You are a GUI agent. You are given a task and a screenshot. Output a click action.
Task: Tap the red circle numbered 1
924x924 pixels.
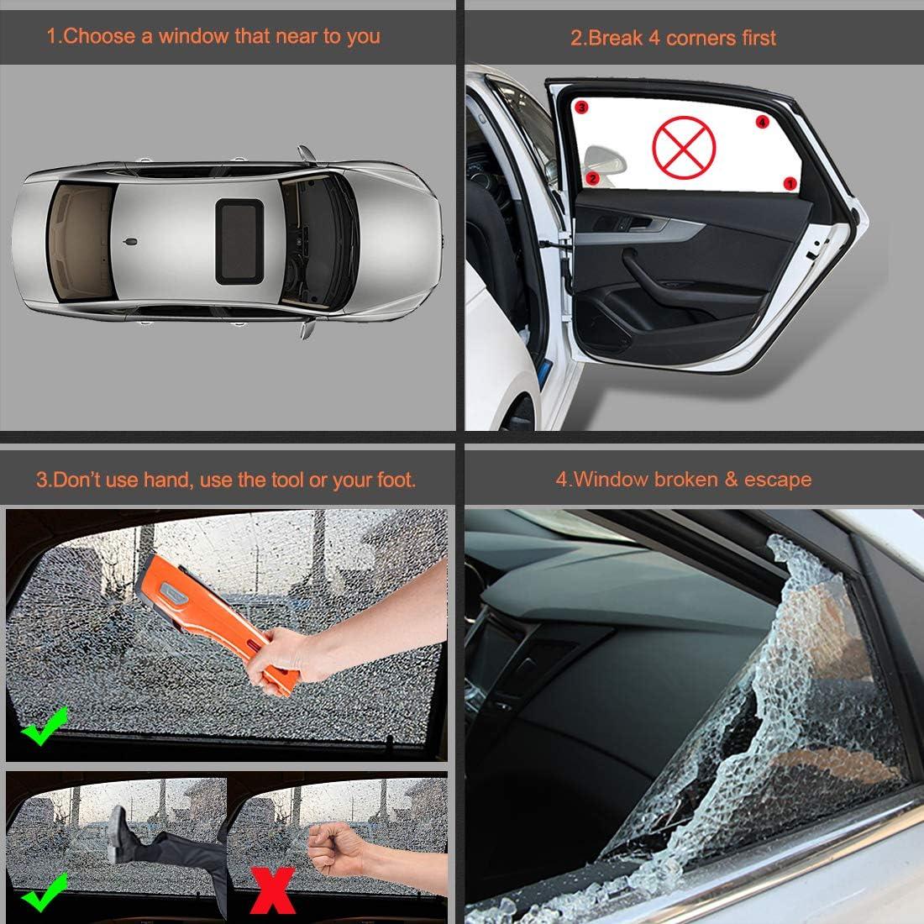(790, 182)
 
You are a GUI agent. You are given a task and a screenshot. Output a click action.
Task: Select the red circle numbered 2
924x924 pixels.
(592, 177)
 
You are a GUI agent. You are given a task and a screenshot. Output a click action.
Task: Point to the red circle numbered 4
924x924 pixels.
(762, 122)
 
